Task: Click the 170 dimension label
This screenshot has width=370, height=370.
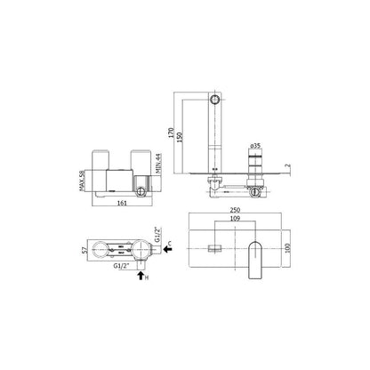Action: (171, 134)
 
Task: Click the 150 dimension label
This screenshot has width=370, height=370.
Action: (180, 138)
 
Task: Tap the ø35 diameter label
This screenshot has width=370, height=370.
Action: (255, 146)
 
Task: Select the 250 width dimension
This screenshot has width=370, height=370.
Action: (235, 210)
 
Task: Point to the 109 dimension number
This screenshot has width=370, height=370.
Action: (235, 219)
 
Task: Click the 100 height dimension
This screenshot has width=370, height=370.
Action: (287, 248)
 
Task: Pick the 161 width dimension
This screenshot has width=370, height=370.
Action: (122, 203)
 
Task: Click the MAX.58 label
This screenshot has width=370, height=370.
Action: (83, 181)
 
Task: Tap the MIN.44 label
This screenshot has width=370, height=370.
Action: (158, 164)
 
